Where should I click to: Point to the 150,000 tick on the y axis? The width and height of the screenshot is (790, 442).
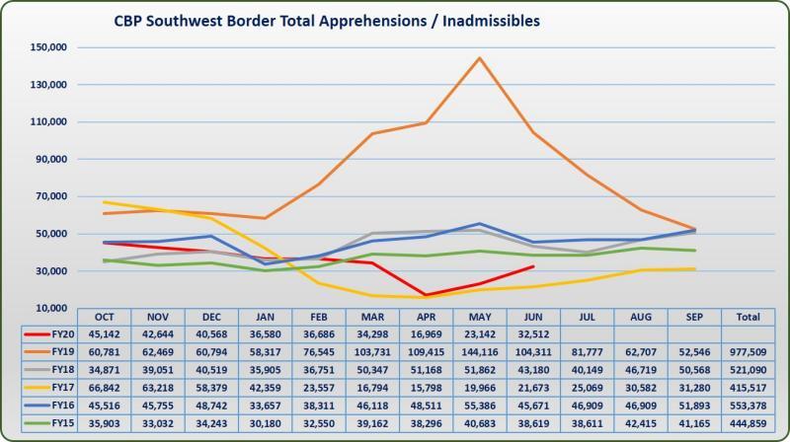[x=46, y=47]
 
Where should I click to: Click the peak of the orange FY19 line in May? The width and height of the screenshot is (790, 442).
[x=479, y=57]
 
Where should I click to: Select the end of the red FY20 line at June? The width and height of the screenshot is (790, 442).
[x=533, y=266]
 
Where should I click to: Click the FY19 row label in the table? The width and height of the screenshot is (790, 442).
[x=54, y=350]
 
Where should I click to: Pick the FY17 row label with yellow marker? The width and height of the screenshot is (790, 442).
[x=54, y=386]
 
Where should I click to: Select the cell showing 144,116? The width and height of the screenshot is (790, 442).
[x=479, y=350]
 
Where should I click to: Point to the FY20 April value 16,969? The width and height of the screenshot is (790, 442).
[x=426, y=332]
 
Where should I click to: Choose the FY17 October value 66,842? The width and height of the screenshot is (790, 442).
[x=104, y=386]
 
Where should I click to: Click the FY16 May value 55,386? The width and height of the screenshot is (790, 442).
[x=479, y=404]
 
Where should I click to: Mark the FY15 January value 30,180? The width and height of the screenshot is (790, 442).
[x=265, y=421]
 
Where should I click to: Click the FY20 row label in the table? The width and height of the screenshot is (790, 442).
[x=54, y=332]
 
